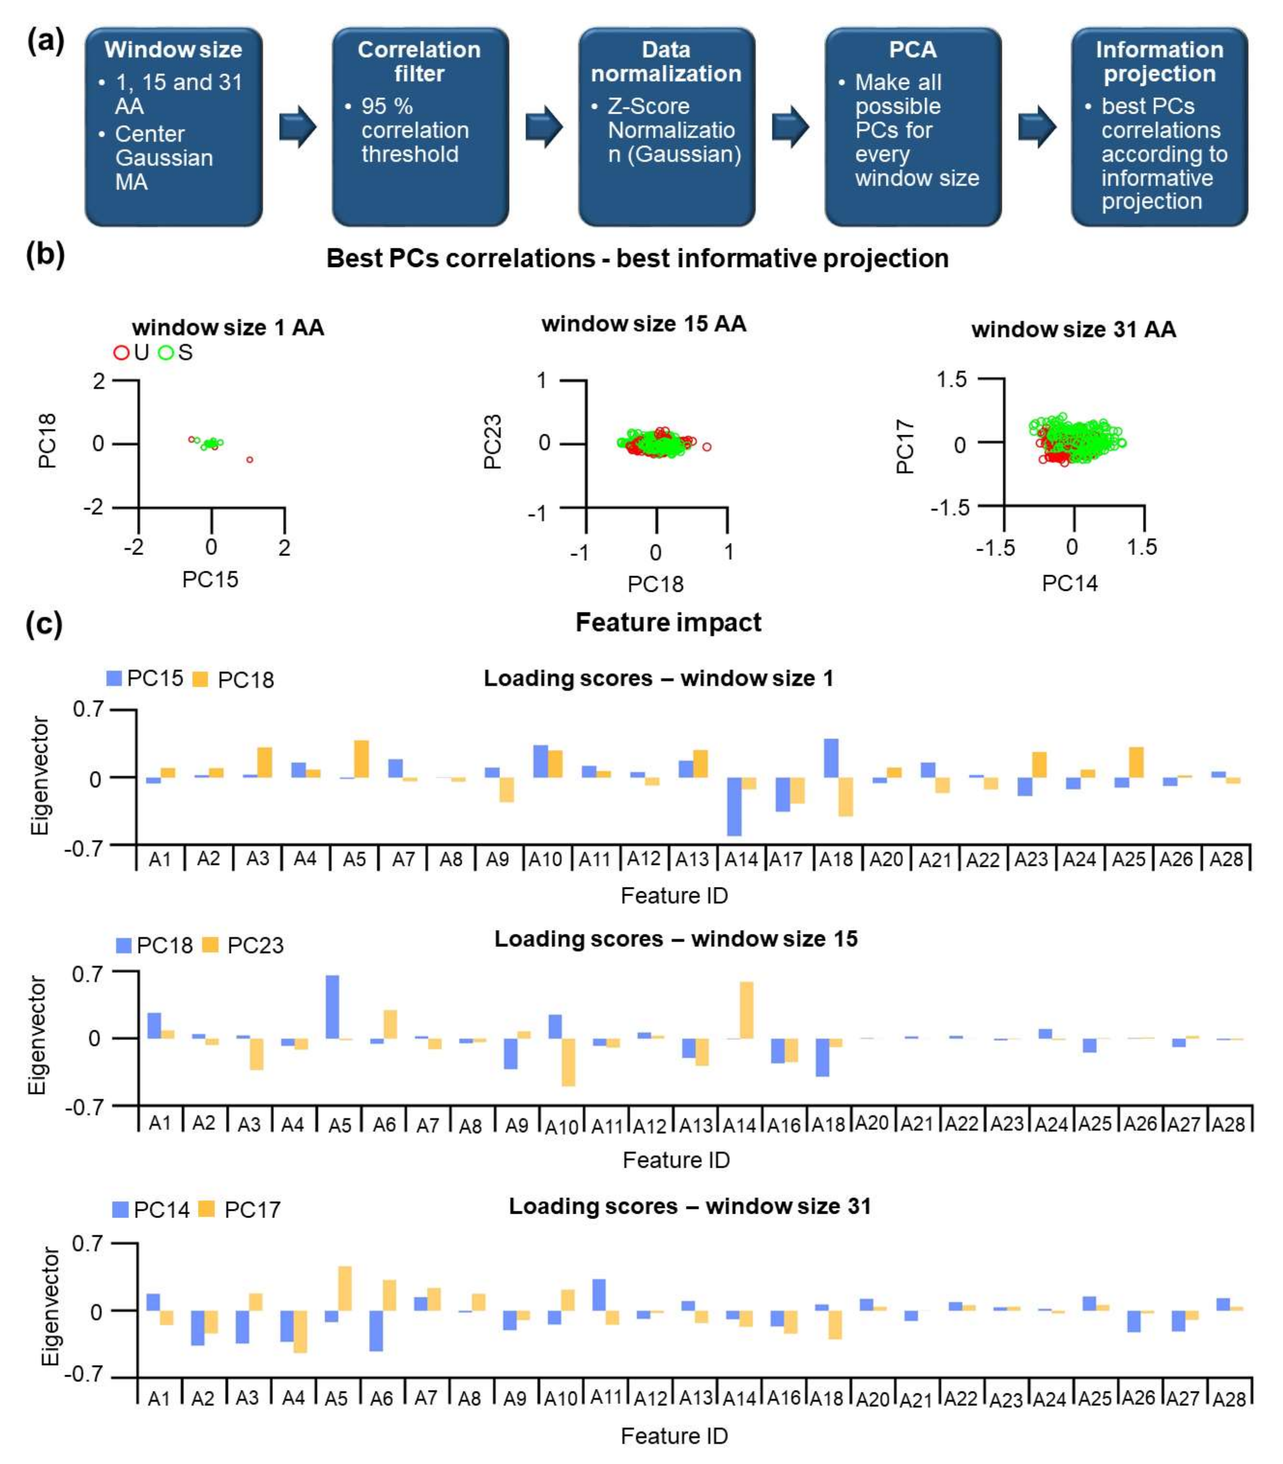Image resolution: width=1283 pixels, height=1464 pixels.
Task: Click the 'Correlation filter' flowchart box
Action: click(x=420, y=127)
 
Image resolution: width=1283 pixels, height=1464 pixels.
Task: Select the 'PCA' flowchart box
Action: click(x=913, y=127)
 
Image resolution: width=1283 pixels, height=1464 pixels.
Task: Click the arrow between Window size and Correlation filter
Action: click(x=297, y=127)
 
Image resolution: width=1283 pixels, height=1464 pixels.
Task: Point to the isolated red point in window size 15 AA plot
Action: click(x=707, y=447)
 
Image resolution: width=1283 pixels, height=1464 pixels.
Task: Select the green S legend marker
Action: click(x=166, y=353)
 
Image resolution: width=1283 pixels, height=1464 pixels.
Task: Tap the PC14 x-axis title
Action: click(x=1070, y=583)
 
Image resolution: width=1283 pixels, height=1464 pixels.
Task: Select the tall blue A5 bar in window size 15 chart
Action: click(x=332, y=1006)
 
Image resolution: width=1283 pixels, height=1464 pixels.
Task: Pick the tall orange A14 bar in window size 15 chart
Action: click(x=746, y=1010)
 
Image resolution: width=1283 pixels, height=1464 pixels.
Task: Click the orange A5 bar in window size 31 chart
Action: click(x=344, y=1288)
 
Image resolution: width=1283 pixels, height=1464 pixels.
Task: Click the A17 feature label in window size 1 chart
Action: click(x=786, y=859)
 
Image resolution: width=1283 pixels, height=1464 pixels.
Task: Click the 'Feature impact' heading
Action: click(x=668, y=622)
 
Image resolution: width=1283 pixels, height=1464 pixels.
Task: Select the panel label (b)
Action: click(x=45, y=254)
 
